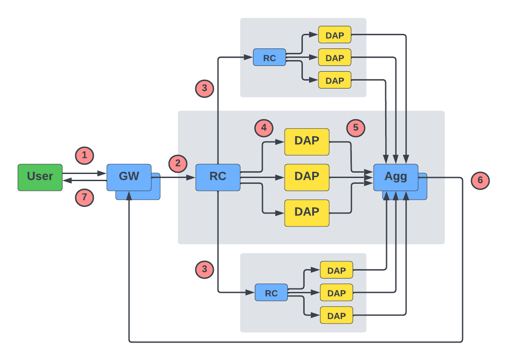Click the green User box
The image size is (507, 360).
point(40,177)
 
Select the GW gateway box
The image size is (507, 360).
point(129,177)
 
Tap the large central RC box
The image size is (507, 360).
point(218,177)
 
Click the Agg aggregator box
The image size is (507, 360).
point(395,177)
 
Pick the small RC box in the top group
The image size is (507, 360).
point(269,57)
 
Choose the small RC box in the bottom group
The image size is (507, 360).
point(271,293)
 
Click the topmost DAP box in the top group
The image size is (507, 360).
point(334,35)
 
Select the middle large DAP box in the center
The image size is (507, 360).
point(307,177)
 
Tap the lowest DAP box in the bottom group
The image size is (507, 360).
point(336,315)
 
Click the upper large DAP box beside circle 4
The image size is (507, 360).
point(307,142)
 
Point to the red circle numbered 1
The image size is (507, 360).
point(84,155)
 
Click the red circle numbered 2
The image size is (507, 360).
point(178,163)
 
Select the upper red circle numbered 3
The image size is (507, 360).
point(205,88)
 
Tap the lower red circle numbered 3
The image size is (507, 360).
point(205,269)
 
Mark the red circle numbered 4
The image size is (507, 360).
point(264,128)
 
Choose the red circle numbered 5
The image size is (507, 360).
point(355,128)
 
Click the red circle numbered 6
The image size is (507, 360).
point(480,181)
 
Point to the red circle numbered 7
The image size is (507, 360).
point(84,197)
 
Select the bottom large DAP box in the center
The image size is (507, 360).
point(307,213)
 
